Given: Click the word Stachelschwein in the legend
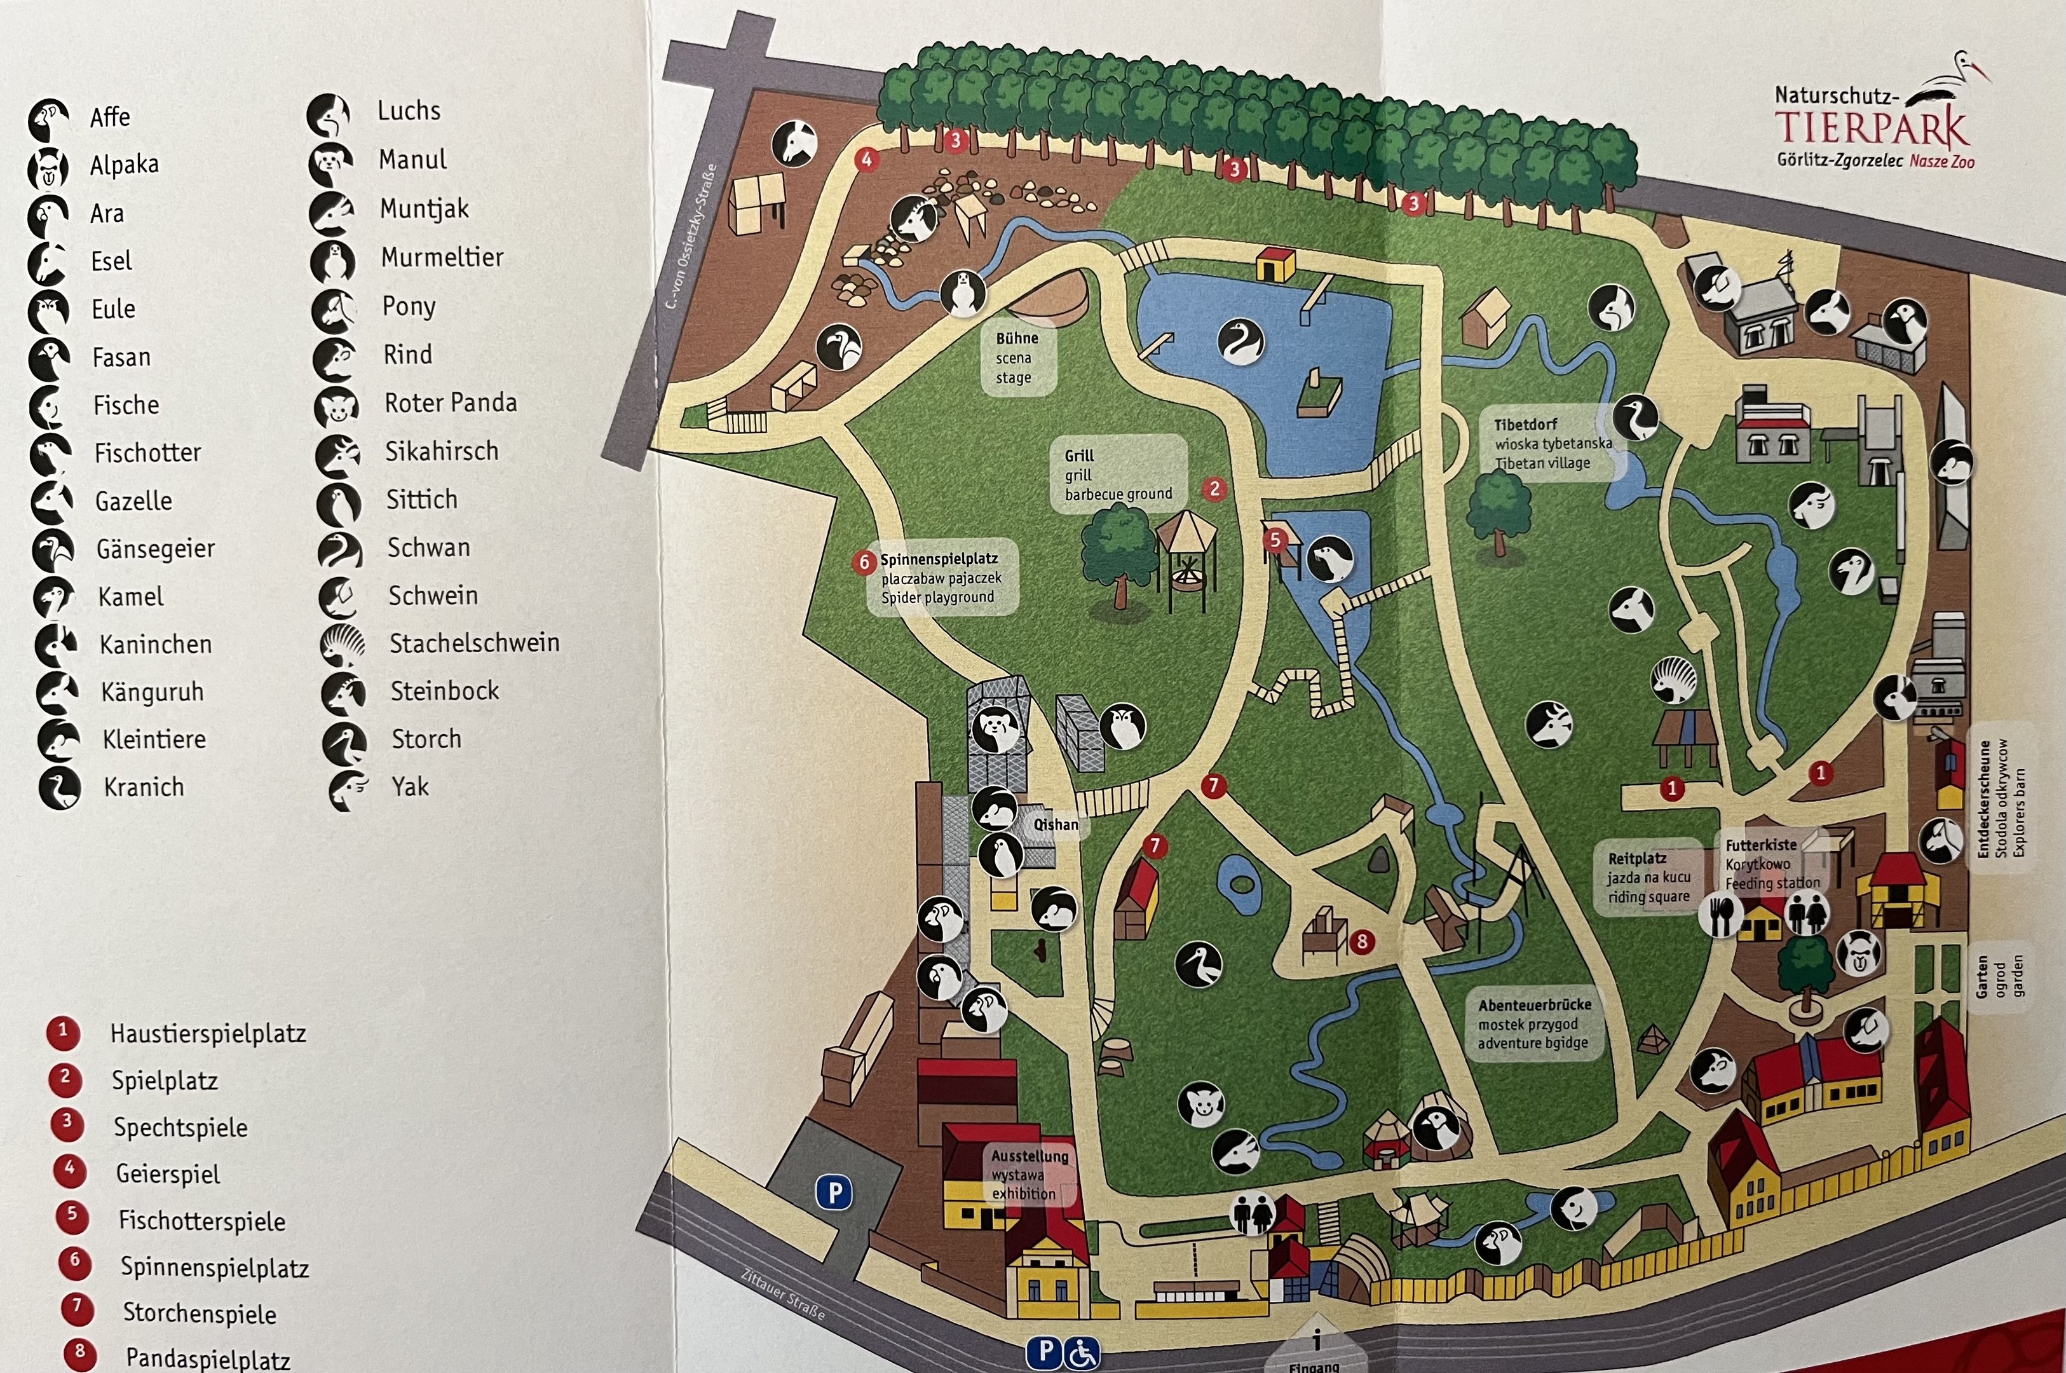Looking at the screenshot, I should [x=473, y=643].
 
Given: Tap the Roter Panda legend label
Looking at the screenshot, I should [x=450, y=403].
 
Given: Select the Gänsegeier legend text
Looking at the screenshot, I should [x=155, y=549].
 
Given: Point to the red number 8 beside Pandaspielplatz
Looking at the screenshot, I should [x=79, y=1351].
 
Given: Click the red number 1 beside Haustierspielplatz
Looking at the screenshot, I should [x=63, y=1032].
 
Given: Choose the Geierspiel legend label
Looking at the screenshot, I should [x=167, y=1173].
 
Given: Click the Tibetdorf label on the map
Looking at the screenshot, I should [x=1525, y=425].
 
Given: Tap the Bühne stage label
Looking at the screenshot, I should [x=1016, y=339].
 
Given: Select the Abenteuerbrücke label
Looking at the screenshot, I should [x=1533, y=1004].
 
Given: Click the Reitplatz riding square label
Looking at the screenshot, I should [x=1636, y=859].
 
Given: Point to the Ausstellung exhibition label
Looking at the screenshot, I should [x=1030, y=1156].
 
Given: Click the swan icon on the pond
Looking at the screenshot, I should [x=1240, y=341].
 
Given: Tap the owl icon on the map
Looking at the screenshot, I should [x=1122, y=726].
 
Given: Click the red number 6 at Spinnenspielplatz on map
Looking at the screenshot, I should [x=864, y=561].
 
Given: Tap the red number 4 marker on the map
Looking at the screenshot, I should [x=867, y=160].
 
